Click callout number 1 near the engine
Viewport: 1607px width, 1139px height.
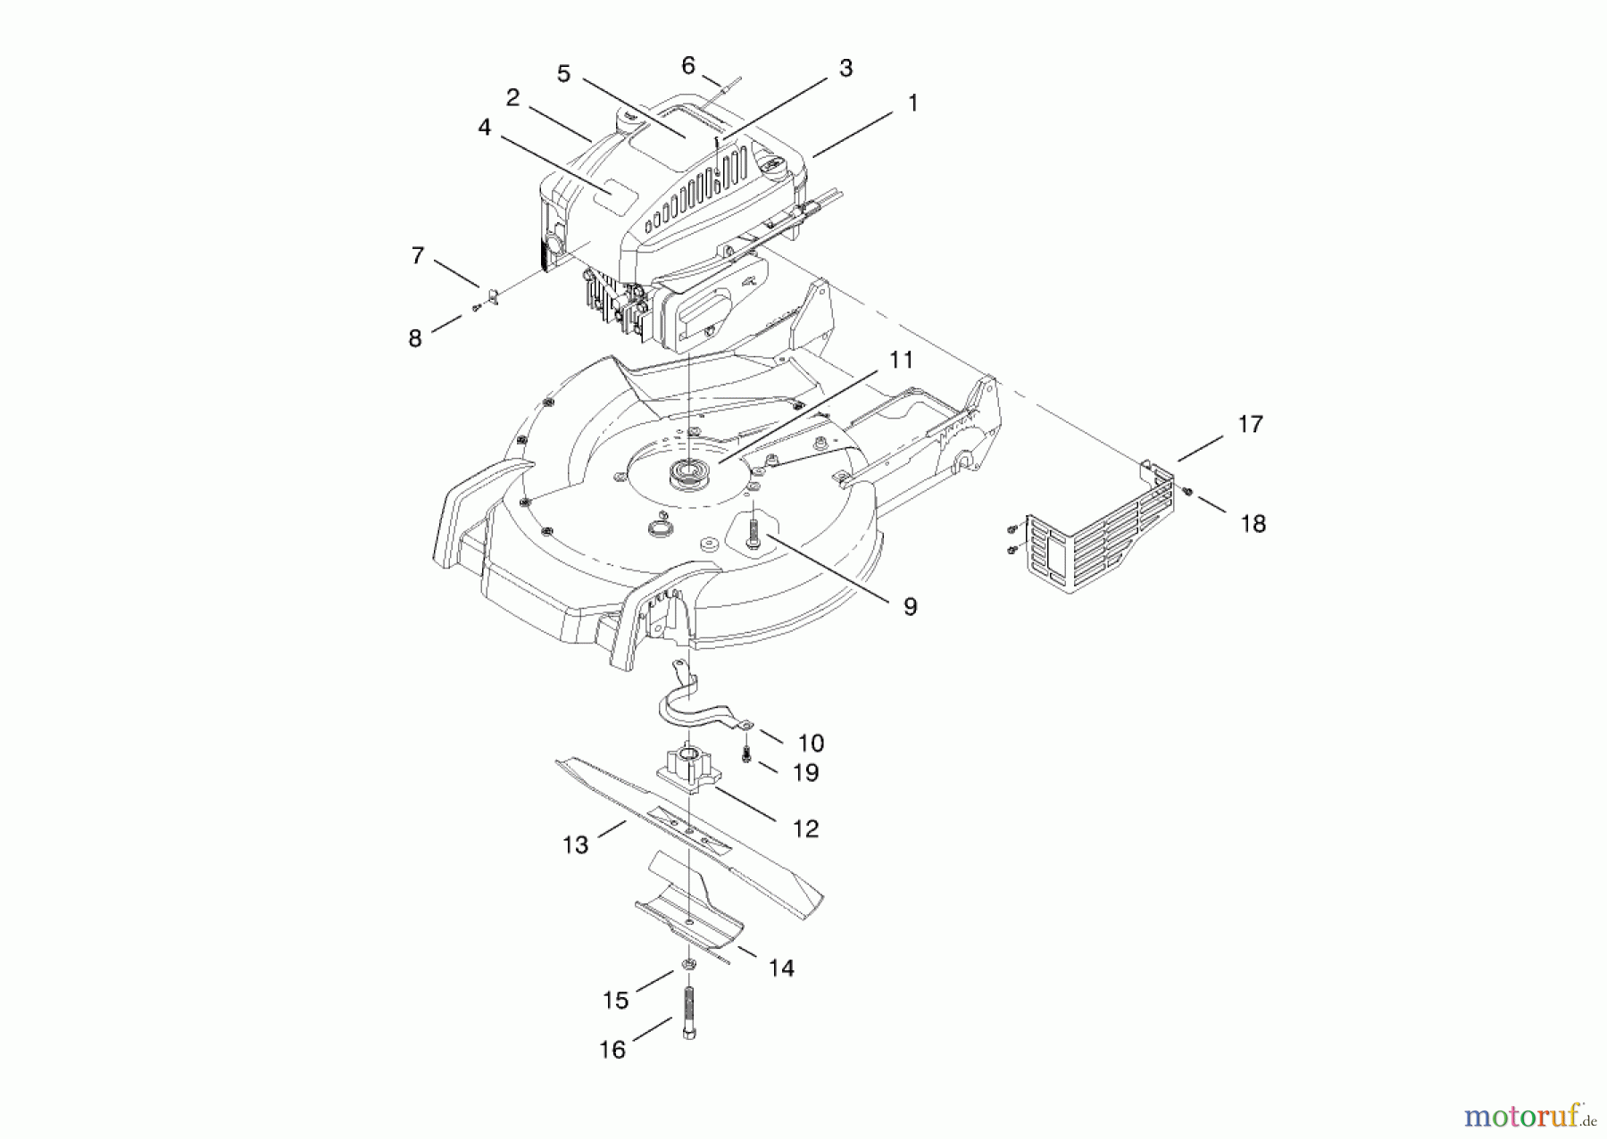[912, 103]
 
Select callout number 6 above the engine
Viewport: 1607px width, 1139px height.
[687, 65]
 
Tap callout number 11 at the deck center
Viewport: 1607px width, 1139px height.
[901, 360]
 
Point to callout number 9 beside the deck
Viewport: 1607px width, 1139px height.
[910, 607]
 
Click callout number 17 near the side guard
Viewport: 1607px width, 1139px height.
[1250, 424]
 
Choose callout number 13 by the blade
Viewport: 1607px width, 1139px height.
[576, 844]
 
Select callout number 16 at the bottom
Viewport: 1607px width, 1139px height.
[612, 1050]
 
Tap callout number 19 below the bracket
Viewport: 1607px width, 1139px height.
[805, 772]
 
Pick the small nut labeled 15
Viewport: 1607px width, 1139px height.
[689, 964]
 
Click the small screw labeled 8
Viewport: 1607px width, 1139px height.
[477, 307]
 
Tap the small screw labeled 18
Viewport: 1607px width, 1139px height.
[1188, 491]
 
